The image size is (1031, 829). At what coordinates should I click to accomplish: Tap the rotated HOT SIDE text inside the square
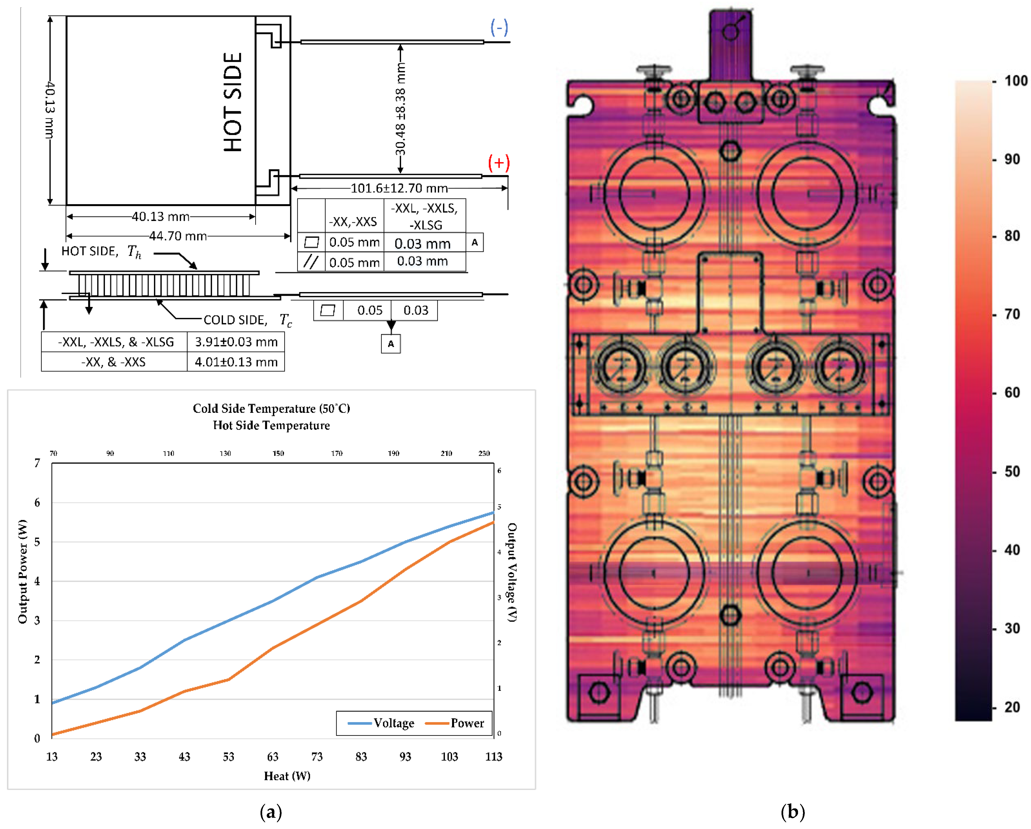click(x=233, y=102)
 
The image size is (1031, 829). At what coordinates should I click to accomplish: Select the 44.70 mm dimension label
click(x=178, y=236)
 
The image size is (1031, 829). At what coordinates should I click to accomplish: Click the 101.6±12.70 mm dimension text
click(x=399, y=188)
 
